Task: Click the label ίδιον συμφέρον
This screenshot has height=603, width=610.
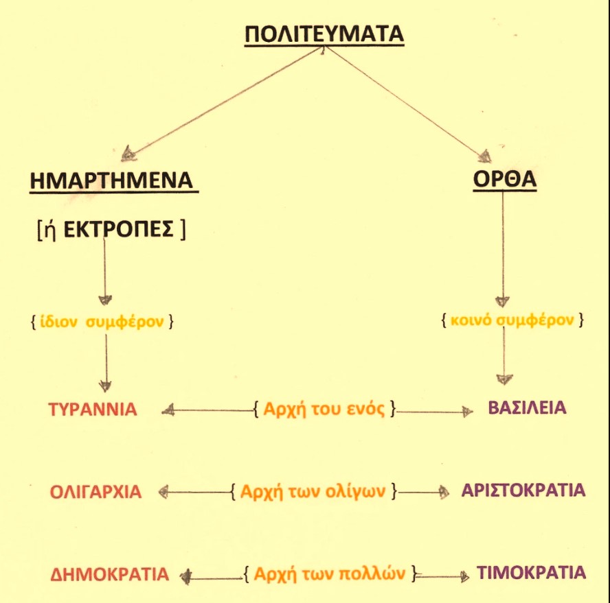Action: tap(102, 321)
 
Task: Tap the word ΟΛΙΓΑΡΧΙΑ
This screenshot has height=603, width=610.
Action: tap(95, 492)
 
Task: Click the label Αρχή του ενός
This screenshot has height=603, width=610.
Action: tap(324, 410)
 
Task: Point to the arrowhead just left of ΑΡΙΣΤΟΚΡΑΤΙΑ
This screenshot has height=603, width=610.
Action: tap(444, 491)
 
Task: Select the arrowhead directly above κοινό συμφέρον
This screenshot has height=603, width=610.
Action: tap(503, 300)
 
